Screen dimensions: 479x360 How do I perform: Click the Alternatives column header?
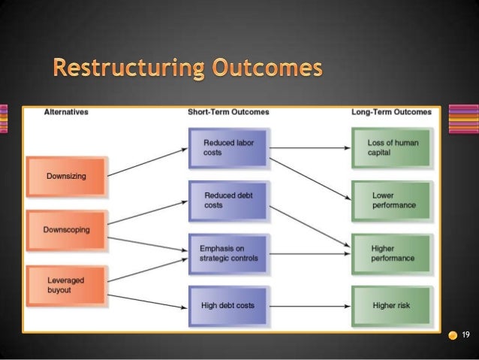[x=66, y=112]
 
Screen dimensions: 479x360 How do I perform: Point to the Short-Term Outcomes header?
[x=228, y=112]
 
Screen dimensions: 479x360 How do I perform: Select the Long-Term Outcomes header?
[x=391, y=112]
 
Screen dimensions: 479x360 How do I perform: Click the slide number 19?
[x=465, y=334]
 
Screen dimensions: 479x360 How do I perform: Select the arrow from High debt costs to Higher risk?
[x=309, y=306]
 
